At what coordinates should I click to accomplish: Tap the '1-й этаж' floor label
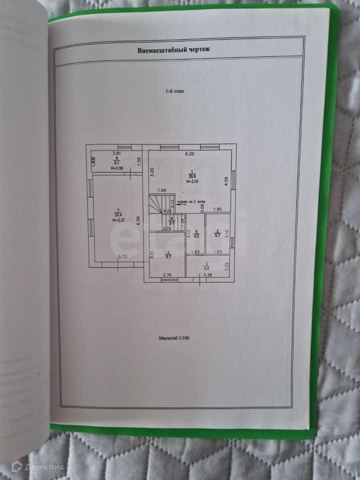point(174,92)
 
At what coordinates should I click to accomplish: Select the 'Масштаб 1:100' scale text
point(174,338)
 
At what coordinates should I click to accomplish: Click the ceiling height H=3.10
point(192,181)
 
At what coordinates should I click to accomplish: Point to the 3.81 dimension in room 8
point(116,153)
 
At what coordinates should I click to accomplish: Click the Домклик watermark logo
point(37,467)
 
